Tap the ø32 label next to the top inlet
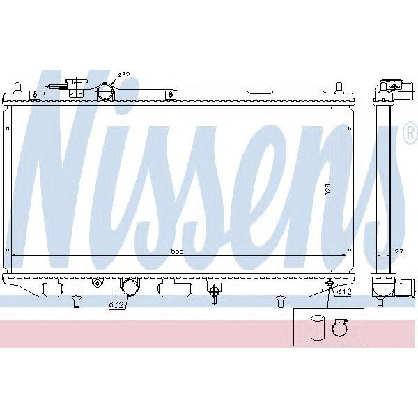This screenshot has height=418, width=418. point(123,75)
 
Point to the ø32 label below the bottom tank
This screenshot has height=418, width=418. point(116,305)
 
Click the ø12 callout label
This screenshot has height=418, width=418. point(343,292)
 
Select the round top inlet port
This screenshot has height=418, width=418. point(104,91)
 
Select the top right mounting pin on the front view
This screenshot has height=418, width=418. point(339,87)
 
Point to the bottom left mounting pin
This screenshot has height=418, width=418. point(75,301)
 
